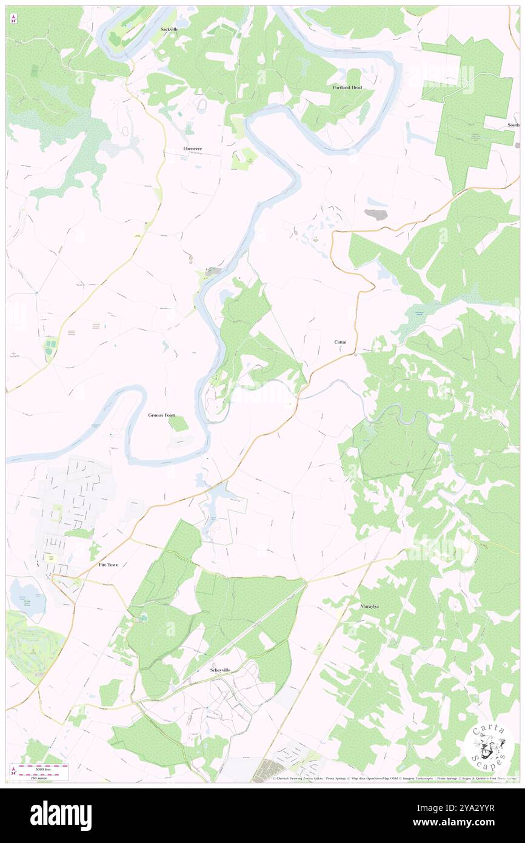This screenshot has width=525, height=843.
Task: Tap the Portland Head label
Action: [347, 87]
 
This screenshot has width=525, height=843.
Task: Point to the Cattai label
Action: [341, 342]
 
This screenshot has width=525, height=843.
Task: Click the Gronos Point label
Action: [161, 415]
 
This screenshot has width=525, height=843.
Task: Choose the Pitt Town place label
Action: [109, 565]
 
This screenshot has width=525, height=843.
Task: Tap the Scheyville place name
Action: [220, 670]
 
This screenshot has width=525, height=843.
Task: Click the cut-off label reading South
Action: [513, 126]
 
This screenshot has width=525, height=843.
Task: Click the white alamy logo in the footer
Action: [61, 815]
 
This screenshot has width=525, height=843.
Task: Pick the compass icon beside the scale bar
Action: [14, 771]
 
